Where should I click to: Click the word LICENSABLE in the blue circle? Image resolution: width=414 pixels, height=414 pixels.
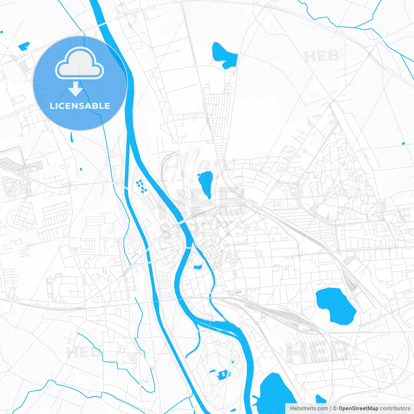[x=80, y=106]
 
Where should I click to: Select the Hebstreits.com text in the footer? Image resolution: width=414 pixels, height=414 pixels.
[x=309, y=409]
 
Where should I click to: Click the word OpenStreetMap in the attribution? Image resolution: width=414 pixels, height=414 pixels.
[x=358, y=409]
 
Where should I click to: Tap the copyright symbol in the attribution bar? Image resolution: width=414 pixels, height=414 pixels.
[x=335, y=409]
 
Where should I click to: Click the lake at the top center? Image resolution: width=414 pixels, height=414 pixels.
[x=224, y=56]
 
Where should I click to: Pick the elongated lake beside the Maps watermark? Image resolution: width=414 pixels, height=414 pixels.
[x=206, y=184]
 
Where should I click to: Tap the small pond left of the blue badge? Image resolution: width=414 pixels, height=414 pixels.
[x=24, y=46]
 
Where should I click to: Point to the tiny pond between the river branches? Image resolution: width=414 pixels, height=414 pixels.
[x=198, y=267]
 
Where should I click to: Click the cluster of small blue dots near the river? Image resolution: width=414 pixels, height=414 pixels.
[x=141, y=186]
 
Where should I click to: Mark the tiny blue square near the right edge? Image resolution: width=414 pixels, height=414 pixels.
[x=403, y=143]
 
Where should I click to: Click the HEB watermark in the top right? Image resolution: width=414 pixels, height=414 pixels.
[x=322, y=56]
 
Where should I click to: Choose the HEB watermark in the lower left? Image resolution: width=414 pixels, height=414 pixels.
[x=83, y=352]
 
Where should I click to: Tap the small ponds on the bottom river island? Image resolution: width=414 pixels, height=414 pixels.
[x=222, y=375]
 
